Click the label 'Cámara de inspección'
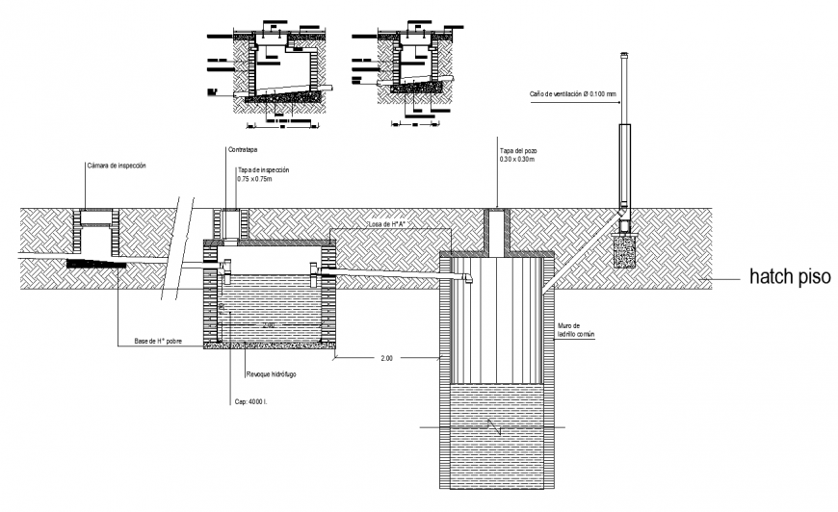click(116, 166)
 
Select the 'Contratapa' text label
click(242, 149)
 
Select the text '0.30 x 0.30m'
click(516, 159)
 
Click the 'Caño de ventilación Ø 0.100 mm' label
click(572, 94)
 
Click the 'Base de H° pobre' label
click(158, 342)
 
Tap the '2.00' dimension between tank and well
click(387, 358)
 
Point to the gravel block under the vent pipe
click(624, 251)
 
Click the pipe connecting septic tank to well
click(395, 279)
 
